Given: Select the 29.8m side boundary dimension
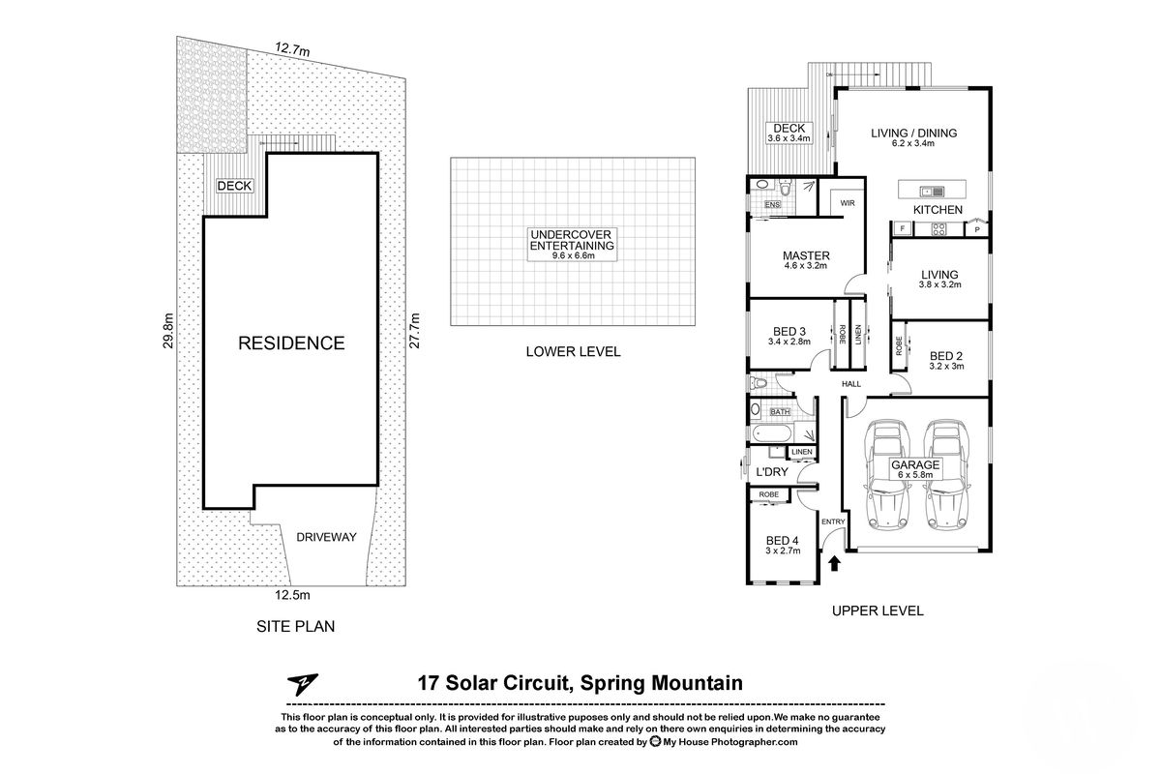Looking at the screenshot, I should point(167,331).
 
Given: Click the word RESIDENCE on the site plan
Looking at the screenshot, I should point(291,342).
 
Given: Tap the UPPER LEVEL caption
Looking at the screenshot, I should point(878,610).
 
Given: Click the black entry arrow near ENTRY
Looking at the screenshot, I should point(835,563).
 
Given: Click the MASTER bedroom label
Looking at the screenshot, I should point(806,256).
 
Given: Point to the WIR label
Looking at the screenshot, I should point(848,204).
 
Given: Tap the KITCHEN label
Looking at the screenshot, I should point(938,210).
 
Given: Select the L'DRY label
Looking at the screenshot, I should point(771,471).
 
